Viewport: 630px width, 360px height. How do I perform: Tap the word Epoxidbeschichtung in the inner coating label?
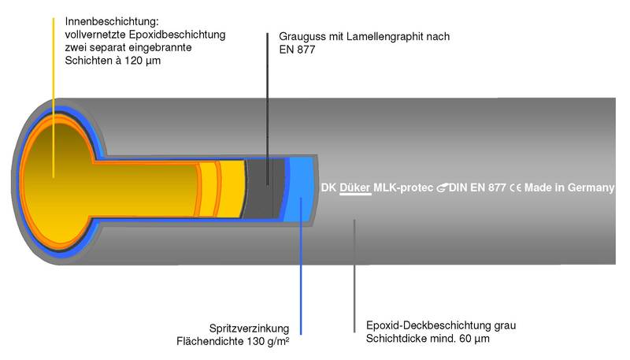[177, 35]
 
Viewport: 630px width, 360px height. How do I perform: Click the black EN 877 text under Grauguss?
[297, 50]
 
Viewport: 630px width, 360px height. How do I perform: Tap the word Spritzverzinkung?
[249, 328]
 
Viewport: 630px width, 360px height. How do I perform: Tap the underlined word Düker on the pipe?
[355, 187]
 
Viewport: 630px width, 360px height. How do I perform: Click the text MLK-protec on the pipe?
[403, 187]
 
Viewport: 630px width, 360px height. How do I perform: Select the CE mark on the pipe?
[516, 187]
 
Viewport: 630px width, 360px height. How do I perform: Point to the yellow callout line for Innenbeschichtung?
[53, 98]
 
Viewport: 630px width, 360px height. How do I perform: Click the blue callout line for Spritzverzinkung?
[301, 266]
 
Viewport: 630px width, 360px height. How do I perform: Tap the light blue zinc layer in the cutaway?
[301, 189]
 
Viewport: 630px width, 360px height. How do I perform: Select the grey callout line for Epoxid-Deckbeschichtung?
[354, 276]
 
